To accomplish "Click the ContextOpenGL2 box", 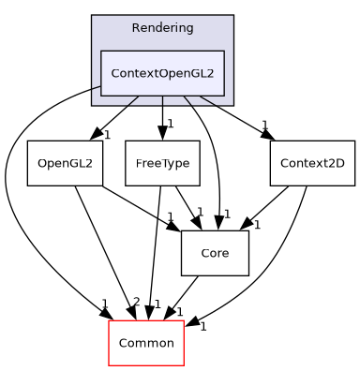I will point(162,73).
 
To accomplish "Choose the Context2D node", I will point(299,163).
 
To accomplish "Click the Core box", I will point(215,253).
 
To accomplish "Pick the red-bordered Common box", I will point(145,343).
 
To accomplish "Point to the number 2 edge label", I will point(136,302).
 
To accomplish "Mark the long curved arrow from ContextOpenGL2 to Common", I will point(19,206).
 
